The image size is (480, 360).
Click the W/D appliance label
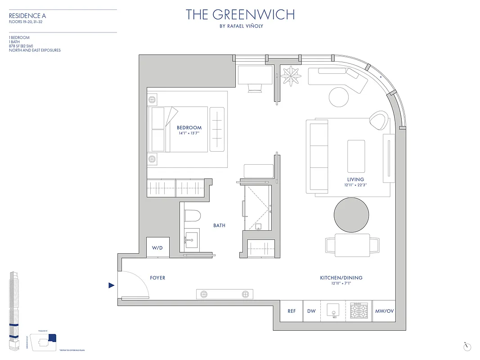coord(157,247)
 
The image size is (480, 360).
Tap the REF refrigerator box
coord(291,311)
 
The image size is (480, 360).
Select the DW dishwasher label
coord(311,311)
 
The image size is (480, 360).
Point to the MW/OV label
coord(383,311)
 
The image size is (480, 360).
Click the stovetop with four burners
coord(359,311)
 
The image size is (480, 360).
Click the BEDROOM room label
coord(189,128)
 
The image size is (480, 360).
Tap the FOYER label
coord(157,278)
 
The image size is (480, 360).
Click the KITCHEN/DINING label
coord(341,278)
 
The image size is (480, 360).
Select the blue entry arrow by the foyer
coord(112,285)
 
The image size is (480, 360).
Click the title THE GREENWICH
coord(240,14)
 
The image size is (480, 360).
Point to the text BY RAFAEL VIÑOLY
coord(240,26)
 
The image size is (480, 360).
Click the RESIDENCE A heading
coord(27,16)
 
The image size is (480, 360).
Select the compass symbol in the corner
coord(468,346)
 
